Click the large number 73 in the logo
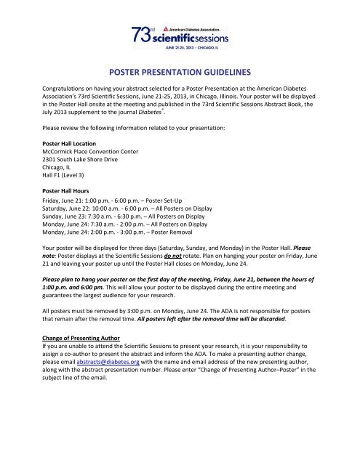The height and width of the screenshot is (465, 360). (143, 36)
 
